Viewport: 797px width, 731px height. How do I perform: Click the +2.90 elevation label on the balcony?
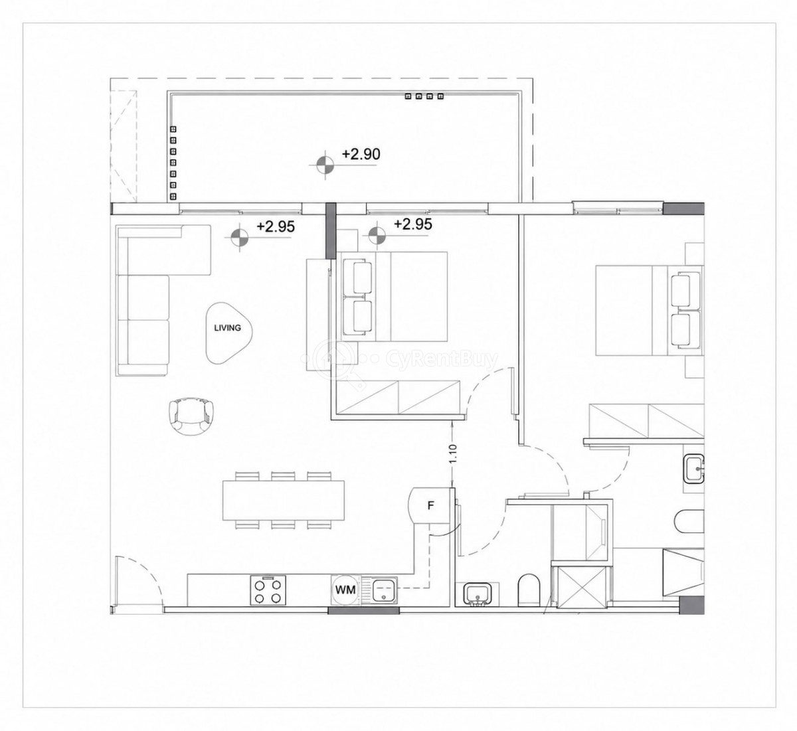click(361, 154)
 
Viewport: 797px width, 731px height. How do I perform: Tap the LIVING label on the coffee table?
click(227, 328)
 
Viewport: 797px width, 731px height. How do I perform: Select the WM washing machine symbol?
click(345, 590)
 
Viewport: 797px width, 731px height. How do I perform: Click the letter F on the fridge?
click(430, 506)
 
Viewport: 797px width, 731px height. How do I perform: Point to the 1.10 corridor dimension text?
click(454, 453)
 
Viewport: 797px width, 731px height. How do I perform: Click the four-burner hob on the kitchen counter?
click(268, 590)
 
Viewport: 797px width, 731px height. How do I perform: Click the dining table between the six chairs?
click(284, 501)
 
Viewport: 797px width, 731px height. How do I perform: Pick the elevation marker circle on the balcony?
click(325, 165)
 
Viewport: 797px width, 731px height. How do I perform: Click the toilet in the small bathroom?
click(529, 590)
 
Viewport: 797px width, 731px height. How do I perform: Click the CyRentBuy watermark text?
click(442, 360)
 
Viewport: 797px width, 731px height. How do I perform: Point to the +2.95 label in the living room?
click(276, 226)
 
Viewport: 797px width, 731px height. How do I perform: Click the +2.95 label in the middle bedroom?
click(413, 224)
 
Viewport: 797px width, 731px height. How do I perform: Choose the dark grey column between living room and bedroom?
click(331, 230)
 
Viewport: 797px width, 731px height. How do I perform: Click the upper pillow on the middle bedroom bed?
click(359, 277)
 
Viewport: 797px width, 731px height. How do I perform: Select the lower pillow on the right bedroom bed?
click(685, 330)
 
